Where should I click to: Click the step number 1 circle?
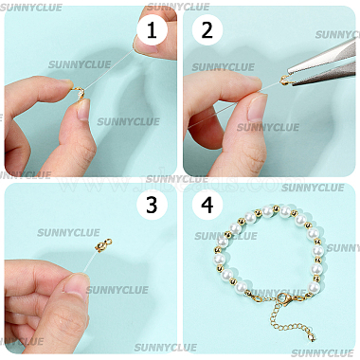coord(152,30)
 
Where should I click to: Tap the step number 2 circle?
coord(207,30)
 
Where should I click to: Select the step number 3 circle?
coord(152,205)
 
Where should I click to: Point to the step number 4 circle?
coord(207,205)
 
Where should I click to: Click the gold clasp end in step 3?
coord(102,244)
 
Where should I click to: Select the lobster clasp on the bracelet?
coord(284,298)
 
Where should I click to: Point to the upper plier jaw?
coord(322,57)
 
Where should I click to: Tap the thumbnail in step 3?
coord(75,287)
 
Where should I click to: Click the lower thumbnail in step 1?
coord(84,109)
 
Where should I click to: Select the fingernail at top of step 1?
coord(145,45)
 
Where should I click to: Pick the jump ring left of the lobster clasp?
coord(258,298)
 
